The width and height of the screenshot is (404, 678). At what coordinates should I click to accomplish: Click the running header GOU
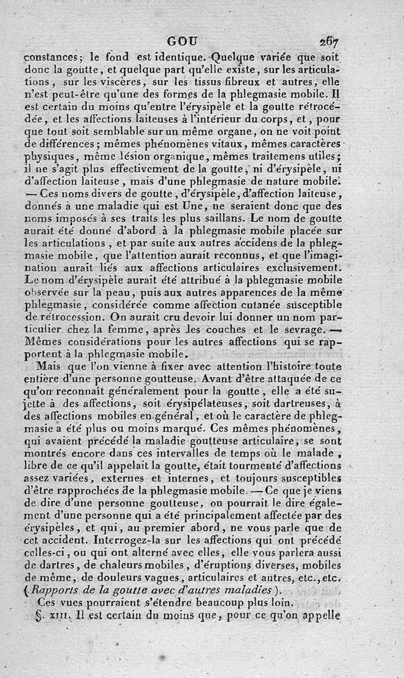point(184,41)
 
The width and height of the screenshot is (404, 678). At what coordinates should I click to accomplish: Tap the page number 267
point(328,41)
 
